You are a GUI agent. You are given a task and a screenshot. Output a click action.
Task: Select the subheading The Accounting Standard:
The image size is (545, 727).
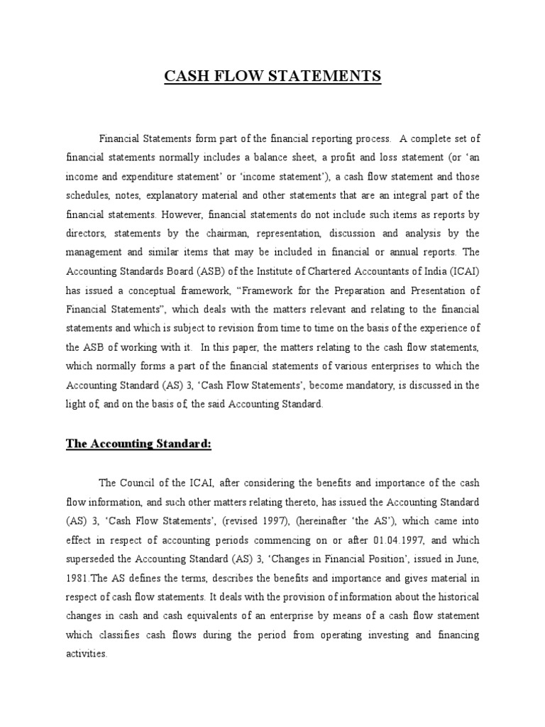(x=138, y=444)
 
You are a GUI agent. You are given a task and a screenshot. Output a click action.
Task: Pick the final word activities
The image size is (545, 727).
(x=87, y=654)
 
